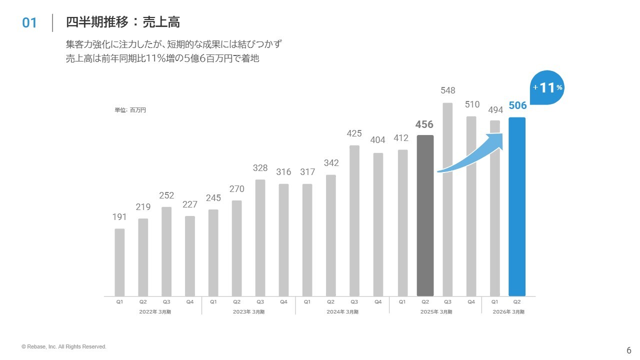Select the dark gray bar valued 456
(x=425, y=215)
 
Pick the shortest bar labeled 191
(x=119, y=262)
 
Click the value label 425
(x=354, y=133)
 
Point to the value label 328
(x=260, y=168)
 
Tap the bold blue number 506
(x=517, y=105)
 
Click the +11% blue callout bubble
(x=547, y=88)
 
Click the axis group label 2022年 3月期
(x=155, y=312)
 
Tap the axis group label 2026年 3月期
(x=509, y=312)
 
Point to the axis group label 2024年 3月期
(x=342, y=312)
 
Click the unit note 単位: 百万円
(x=130, y=110)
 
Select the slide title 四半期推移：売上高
(x=123, y=22)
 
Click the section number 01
(x=29, y=23)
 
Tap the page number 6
(x=629, y=350)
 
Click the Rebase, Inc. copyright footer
(x=64, y=346)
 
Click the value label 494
(x=495, y=110)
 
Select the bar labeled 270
(x=237, y=248)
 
